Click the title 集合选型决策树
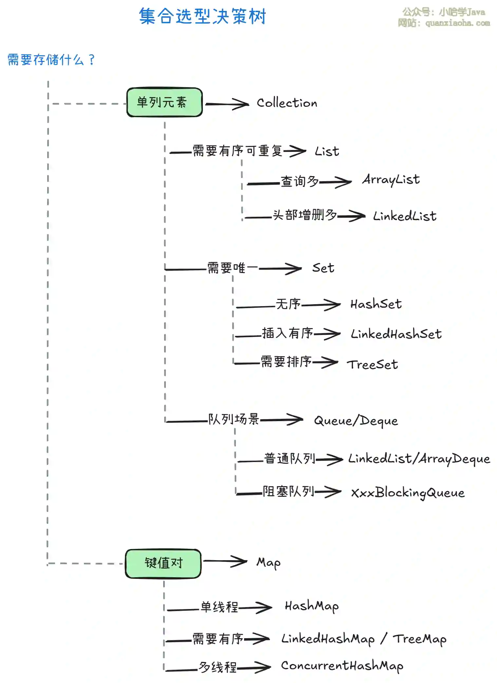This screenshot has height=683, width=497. point(202,16)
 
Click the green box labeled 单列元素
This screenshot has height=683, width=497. point(164,102)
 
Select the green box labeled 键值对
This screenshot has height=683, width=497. point(163,563)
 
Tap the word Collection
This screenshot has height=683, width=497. point(287,103)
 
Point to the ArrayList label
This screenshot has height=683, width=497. point(391,180)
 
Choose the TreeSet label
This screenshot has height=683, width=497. point(372,364)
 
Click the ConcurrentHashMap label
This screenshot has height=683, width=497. point(342,666)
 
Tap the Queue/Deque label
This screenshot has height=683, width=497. point(356,421)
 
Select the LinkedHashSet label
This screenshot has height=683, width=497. point(396,334)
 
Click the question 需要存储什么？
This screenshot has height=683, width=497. point(51,60)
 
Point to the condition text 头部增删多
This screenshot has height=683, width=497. point(305,215)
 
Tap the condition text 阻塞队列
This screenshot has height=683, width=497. point(288,491)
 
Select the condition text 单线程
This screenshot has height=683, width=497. point(219,607)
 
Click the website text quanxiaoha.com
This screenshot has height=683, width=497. point(457,23)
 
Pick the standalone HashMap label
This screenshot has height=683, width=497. point(312,606)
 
